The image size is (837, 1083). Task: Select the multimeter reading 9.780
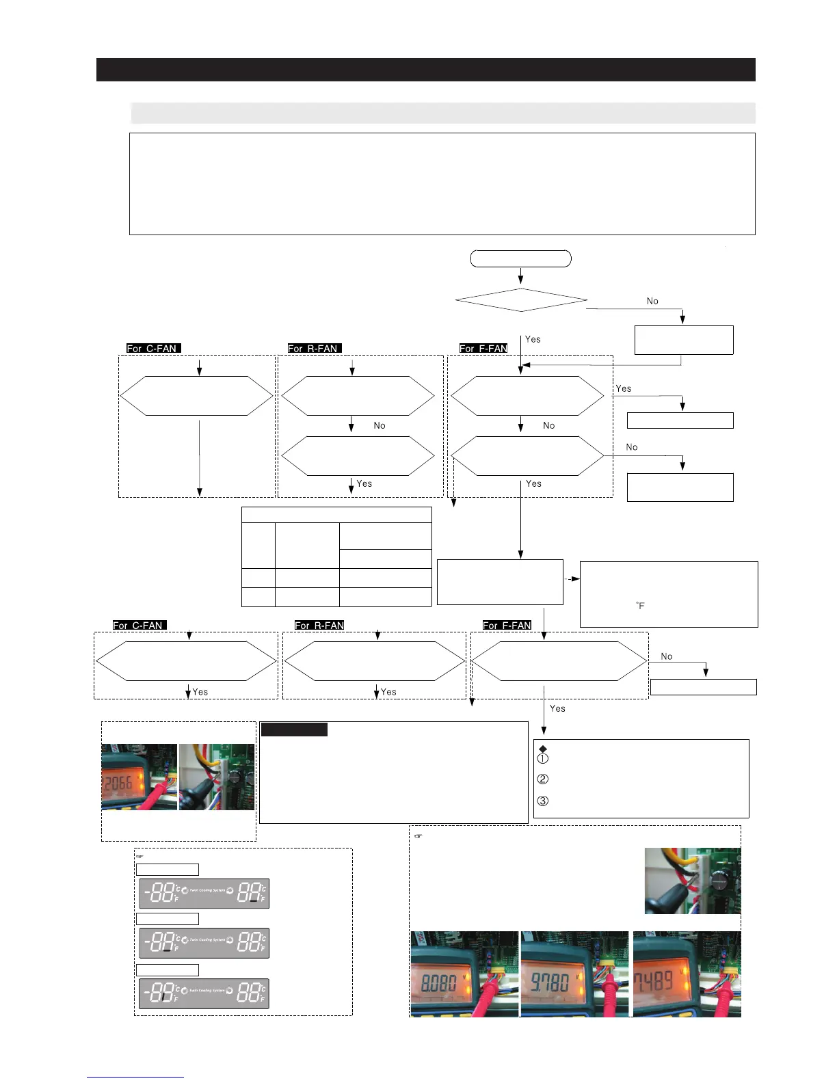pyautogui.click(x=550, y=982)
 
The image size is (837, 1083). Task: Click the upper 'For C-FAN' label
pyautogui.click(x=153, y=349)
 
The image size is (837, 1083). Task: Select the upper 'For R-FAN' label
pyautogui.click(x=314, y=349)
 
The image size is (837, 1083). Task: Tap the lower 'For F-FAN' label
pyautogui.click(x=507, y=626)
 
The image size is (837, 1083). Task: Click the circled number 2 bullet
pyautogui.click(x=543, y=779)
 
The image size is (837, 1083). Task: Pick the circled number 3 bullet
pyautogui.click(x=543, y=801)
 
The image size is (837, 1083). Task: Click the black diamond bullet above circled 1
pyautogui.click(x=543, y=749)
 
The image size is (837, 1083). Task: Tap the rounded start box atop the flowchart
pyautogui.click(x=520, y=258)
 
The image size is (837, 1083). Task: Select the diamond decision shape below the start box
pyautogui.click(x=520, y=300)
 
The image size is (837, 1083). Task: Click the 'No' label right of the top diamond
pyautogui.click(x=652, y=301)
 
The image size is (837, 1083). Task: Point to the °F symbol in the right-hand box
pyautogui.click(x=640, y=606)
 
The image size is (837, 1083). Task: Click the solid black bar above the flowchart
pyautogui.click(x=425, y=70)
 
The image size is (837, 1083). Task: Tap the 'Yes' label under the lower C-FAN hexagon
pyautogui.click(x=200, y=692)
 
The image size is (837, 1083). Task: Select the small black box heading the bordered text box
pyautogui.click(x=294, y=730)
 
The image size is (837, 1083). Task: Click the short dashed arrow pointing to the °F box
pyautogui.click(x=572, y=579)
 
